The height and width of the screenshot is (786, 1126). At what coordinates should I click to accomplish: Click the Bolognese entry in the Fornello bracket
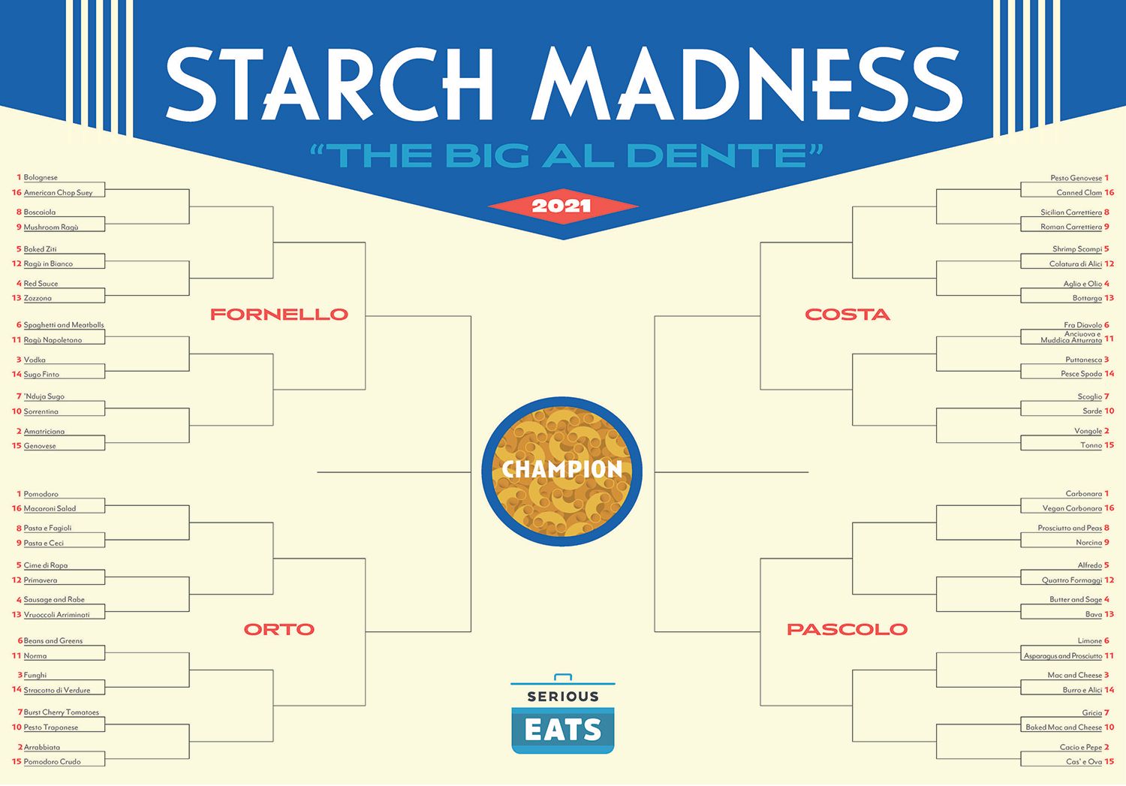[x=41, y=178]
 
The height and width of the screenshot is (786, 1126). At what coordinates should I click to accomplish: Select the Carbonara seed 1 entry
[x=1083, y=494]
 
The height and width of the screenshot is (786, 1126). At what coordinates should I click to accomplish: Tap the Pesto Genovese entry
[x=1076, y=178]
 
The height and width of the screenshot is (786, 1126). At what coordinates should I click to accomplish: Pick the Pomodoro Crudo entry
[x=52, y=762]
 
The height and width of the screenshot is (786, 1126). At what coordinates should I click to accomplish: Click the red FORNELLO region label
[x=279, y=315]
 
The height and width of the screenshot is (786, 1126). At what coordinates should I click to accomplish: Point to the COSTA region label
[x=848, y=315]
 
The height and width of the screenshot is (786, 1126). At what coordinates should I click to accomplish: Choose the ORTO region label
[x=279, y=630]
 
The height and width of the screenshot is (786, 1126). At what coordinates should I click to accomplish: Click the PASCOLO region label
[x=848, y=630]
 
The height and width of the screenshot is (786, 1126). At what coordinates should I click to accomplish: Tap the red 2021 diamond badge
[x=562, y=206]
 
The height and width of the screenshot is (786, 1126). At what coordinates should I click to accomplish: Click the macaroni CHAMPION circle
[x=562, y=471]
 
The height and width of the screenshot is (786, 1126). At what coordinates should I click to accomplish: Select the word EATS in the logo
[x=563, y=730]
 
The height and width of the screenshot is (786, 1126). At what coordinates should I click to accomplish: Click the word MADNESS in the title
[x=747, y=84]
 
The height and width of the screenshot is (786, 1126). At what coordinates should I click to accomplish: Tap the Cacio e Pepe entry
[x=1081, y=748]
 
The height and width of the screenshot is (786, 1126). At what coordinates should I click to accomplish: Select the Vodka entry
[x=35, y=360]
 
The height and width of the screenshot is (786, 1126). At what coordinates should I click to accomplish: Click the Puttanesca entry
[x=1083, y=360]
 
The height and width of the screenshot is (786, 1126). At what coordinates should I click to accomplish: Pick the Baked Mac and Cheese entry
[x=1064, y=727]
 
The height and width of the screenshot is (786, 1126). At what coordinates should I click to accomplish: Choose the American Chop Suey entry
[x=58, y=193]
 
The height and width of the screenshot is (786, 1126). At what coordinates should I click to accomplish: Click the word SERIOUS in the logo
[x=563, y=697]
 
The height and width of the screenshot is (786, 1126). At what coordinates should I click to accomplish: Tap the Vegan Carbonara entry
[x=1072, y=509]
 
